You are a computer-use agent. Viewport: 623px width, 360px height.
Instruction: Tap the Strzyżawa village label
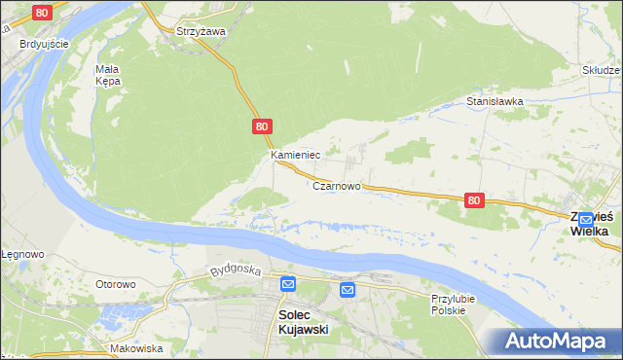pyautogui.click(x=201, y=31)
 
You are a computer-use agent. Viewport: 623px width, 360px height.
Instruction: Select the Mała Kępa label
pyautogui.click(x=107, y=75)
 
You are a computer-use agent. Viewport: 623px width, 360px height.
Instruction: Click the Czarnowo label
pyautogui.click(x=337, y=186)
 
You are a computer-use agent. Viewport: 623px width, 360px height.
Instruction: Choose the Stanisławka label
pyautogui.click(x=495, y=100)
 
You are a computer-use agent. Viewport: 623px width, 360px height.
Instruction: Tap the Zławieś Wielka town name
pyautogui.click(x=590, y=224)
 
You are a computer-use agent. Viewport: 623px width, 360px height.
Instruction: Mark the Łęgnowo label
pyautogui.click(x=21, y=254)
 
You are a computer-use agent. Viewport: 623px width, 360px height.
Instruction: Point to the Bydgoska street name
pyautogui.click(x=234, y=270)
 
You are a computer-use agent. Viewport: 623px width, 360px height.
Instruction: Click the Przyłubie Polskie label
pyautogui.click(x=449, y=304)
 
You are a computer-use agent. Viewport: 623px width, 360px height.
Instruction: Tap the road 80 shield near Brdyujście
pyautogui.click(x=41, y=13)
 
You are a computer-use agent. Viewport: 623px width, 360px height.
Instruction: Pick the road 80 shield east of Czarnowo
pyautogui.click(x=473, y=199)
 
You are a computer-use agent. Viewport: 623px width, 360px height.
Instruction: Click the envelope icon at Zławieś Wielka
pyautogui.click(x=585, y=222)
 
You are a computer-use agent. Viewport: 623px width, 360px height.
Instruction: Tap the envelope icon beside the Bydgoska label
pyautogui.click(x=288, y=283)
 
